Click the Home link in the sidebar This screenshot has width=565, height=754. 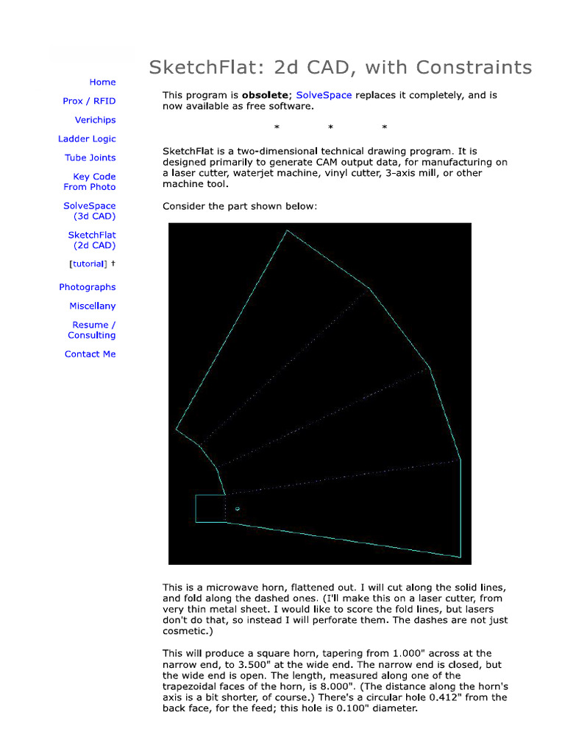[102, 82]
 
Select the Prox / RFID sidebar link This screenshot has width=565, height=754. [89, 101]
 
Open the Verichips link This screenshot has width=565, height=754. [95, 120]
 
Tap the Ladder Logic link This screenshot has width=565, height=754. [87, 139]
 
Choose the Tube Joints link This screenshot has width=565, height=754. [90, 158]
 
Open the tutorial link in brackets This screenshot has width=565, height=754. [88, 264]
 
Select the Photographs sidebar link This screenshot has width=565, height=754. [87, 287]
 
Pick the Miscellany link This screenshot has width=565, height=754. [92, 306]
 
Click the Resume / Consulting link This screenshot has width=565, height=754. [92, 330]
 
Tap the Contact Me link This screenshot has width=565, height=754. [90, 354]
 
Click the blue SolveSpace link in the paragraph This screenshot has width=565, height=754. [324, 96]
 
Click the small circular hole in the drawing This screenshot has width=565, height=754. [237, 509]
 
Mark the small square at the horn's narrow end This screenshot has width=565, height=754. [210, 509]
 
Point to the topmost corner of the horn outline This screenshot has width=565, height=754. [286, 230]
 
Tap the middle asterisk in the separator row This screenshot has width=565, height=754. [330, 127]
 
